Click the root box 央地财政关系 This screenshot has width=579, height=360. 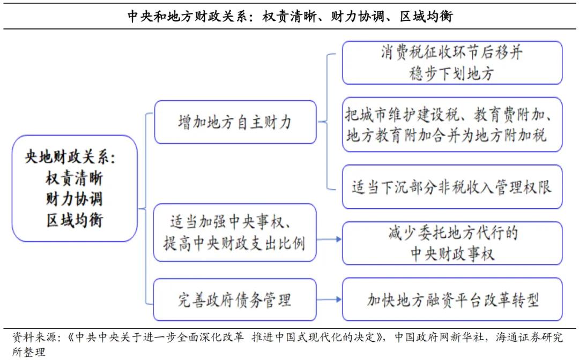(75, 189)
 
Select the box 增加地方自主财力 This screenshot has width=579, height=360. (235, 122)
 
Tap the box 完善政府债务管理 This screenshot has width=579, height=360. (235, 299)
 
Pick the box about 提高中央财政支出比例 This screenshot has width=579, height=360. (235, 232)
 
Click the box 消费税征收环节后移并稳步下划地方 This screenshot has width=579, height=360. (452, 63)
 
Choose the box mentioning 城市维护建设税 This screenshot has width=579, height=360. (452, 125)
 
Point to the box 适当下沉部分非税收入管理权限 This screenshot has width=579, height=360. (452, 187)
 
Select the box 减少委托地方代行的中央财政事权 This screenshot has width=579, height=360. (452, 243)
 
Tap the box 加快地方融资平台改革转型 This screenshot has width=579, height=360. (452, 299)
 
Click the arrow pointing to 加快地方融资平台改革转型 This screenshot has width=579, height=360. (329, 299)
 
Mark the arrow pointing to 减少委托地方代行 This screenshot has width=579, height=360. (329, 239)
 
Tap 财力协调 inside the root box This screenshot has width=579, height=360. (75, 199)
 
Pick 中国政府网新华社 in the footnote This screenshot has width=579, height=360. (439, 337)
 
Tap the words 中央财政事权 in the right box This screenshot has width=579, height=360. (452, 254)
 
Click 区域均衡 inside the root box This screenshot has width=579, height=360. (75, 220)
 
